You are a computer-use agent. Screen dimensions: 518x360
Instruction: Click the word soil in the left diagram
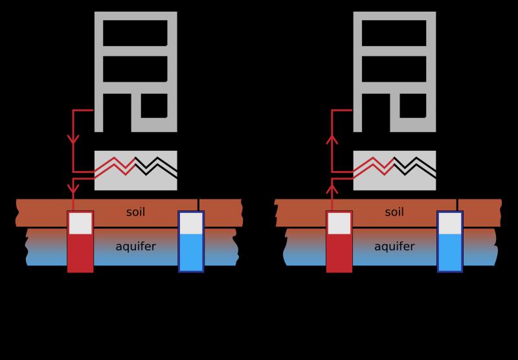point(135,212)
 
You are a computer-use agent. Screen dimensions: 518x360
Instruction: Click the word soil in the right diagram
point(394,212)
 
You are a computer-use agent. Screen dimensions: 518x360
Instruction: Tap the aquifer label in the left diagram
point(136,247)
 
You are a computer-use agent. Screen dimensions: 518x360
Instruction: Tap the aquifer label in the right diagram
point(394,247)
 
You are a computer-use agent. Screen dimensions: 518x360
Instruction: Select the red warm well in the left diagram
point(80,242)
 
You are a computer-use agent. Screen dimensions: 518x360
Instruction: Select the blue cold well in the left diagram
point(191,242)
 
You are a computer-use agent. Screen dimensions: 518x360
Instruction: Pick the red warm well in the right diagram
point(339,242)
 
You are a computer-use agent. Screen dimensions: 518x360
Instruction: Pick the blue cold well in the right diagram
point(450,242)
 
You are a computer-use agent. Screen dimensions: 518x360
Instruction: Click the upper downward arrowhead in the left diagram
point(73,140)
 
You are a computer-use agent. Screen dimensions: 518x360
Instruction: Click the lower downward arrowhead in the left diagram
point(73,189)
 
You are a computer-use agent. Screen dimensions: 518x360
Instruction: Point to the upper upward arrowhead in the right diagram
point(332,139)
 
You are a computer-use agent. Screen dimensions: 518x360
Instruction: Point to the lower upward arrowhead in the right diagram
point(332,189)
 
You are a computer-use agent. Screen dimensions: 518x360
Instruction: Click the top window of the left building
point(135,33)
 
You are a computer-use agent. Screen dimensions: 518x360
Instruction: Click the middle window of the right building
point(394,69)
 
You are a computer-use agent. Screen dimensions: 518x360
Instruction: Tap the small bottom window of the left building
point(154,106)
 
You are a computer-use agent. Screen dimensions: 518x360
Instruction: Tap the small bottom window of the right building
point(413,106)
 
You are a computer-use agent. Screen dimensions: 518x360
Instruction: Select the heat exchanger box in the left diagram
point(136,170)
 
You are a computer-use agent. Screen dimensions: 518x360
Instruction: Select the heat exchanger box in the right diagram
point(395,170)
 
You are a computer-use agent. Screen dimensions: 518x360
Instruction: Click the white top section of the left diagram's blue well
point(191,223)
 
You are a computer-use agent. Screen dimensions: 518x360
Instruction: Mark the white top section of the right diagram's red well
point(339,223)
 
